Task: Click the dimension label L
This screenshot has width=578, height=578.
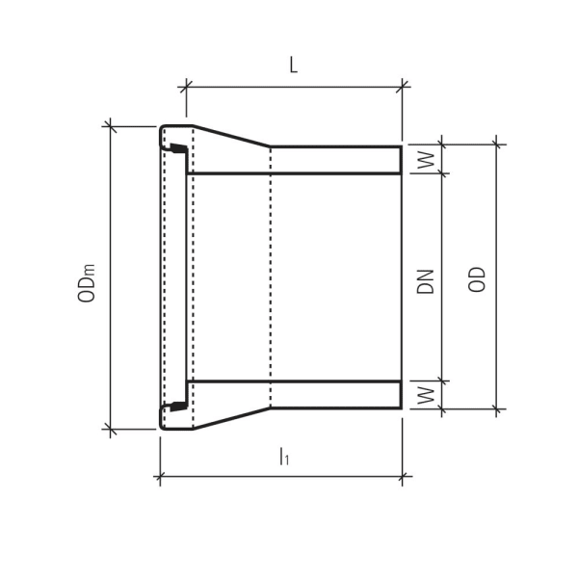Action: pyautogui.click(x=293, y=66)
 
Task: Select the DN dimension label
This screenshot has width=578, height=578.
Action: pyautogui.click(x=427, y=279)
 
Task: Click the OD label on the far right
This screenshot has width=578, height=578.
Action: pyautogui.click(x=476, y=279)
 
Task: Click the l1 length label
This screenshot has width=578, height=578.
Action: pyautogui.click(x=283, y=457)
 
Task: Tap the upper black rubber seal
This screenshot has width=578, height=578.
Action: pyautogui.click(x=176, y=149)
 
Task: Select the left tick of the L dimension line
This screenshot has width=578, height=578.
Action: pyautogui.click(x=186, y=87)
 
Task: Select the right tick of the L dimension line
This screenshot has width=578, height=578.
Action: pyautogui.click(x=401, y=87)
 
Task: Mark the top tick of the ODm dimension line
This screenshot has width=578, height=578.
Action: pyautogui.click(x=111, y=126)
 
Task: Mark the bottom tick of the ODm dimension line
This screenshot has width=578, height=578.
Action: pyautogui.click(x=111, y=429)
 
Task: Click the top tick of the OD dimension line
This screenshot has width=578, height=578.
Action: pyautogui.click(x=497, y=146)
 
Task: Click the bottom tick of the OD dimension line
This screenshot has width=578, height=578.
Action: pyautogui.click(x=497, y=409)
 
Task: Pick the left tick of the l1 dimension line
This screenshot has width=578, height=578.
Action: pyautogui.click(x=159, y=474)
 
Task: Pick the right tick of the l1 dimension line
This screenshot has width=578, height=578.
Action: pyautogui.click(x=401, y=474)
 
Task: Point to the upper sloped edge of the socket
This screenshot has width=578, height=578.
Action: pyautogui.click(x=231, y=136)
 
